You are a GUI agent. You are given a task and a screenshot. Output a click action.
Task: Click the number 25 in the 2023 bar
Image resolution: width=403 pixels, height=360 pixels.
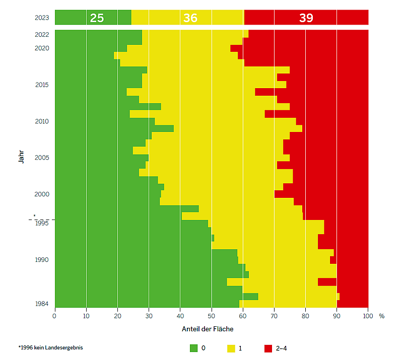[97, 18]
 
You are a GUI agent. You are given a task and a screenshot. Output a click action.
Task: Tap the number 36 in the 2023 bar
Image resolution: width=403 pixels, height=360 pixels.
[190, 18]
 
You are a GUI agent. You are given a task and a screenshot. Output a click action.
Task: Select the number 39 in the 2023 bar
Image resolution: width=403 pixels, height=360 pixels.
[306, 18]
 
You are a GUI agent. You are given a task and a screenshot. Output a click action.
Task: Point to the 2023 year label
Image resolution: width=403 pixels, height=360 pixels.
[42, 18]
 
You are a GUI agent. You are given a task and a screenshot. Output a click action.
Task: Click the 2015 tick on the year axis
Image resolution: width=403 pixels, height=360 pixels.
[42, 85]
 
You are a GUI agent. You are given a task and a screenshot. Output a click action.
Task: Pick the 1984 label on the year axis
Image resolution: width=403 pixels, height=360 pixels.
[42, 304]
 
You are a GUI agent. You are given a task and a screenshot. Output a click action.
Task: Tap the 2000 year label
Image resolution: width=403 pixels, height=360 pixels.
[42, 194]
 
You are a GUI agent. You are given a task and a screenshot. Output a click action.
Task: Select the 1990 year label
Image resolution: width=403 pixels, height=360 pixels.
[42, 260]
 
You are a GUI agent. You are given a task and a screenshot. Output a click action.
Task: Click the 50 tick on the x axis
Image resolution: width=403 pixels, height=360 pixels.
[212, 316]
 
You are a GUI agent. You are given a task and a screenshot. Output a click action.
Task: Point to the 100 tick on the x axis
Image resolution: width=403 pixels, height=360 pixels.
[368, 316]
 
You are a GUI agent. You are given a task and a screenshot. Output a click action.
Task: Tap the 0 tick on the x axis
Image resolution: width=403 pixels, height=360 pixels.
[55, 316]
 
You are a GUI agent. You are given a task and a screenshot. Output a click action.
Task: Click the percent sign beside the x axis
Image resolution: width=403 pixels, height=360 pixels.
[382, 316]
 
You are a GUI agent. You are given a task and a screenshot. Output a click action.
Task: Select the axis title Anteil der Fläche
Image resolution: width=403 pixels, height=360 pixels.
[208, 329]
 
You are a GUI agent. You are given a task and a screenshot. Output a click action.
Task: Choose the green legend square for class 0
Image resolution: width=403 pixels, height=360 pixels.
[194, 348]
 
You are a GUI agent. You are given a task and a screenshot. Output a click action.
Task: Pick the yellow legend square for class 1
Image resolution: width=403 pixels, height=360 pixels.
[232, 348]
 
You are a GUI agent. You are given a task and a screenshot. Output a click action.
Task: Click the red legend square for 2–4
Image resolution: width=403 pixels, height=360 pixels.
[268, 348]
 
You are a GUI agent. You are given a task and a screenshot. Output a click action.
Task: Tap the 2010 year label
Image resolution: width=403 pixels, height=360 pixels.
[42, 121]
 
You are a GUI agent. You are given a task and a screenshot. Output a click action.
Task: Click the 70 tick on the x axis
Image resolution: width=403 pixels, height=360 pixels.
[274, 316]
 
